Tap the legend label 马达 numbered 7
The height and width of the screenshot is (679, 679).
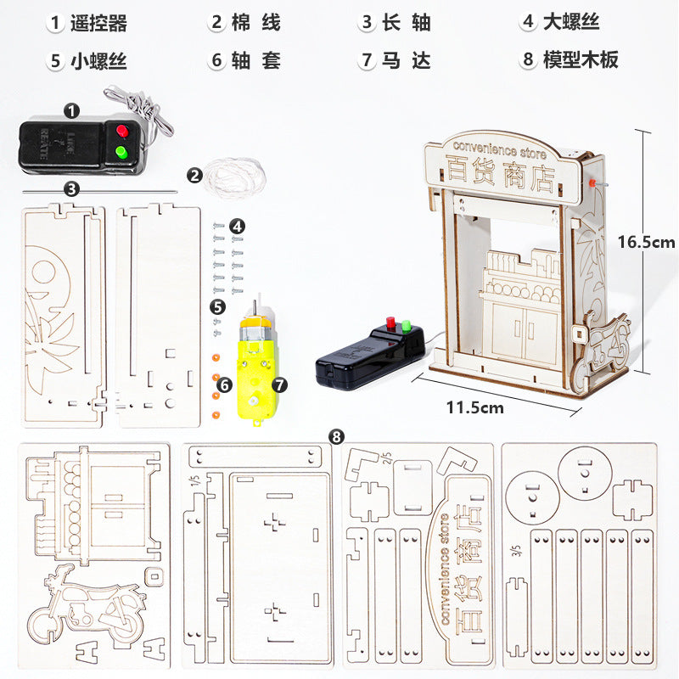(406, 60)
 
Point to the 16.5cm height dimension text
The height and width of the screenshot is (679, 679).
(646, 242)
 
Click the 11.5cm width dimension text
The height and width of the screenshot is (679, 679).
(475, 407)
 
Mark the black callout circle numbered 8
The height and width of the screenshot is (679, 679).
(337, 437)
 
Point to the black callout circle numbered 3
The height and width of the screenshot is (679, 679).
(72, 188)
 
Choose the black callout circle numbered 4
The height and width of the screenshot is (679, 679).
(238, 226)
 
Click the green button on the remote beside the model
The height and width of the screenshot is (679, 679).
(406, 326)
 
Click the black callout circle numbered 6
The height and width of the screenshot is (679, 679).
(224, 385)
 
